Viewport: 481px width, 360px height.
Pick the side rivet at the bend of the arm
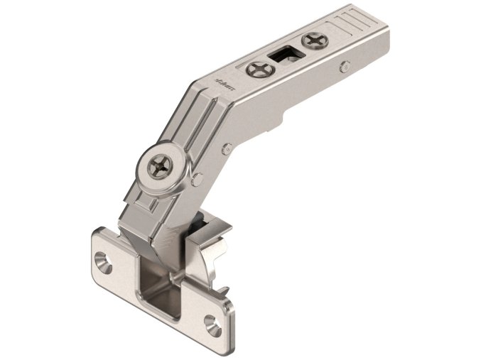(x=227, y=148)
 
